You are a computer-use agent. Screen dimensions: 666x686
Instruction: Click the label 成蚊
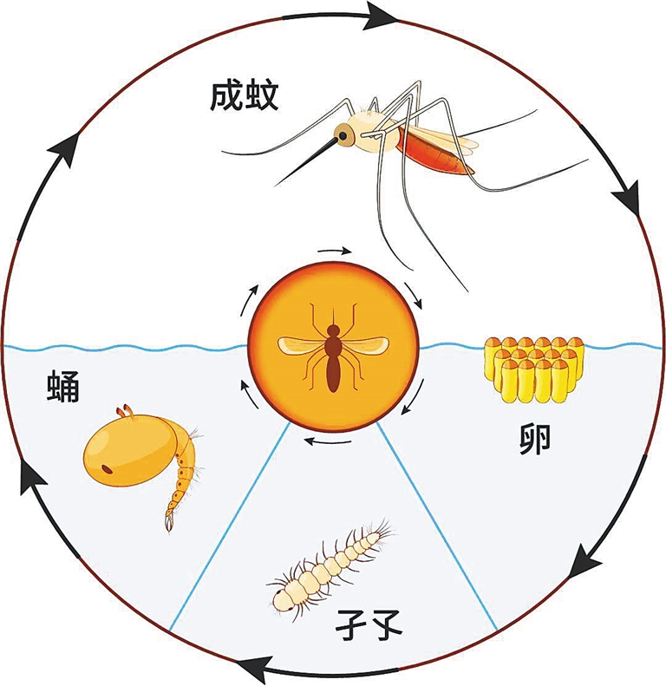click(x=245, y=96)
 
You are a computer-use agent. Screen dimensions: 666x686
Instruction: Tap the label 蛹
click(x=63, y=386)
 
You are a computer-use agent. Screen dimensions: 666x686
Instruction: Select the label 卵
click(x=534, y=440)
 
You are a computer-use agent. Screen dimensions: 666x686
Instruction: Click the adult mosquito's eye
click(x=343, y=135)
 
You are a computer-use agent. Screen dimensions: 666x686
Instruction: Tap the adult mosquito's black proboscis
click(x=306, y=162)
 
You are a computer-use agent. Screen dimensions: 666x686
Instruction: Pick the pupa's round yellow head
click(x=129, y=450)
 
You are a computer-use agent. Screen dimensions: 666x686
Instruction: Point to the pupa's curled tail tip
click(x=169, y=523)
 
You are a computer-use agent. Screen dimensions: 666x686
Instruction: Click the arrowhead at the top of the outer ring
click(x=380, y=16)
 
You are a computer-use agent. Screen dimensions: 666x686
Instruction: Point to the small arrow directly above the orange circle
click(x=335, y=252)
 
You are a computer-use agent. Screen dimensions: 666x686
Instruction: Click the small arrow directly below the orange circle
click(x=328, y=441)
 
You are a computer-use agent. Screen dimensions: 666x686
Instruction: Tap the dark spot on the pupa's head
click(x=107, y=470)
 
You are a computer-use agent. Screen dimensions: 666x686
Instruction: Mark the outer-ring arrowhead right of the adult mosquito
click(x=628, y=202)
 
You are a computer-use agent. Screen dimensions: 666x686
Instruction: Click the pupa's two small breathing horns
click(x=126, y=411)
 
